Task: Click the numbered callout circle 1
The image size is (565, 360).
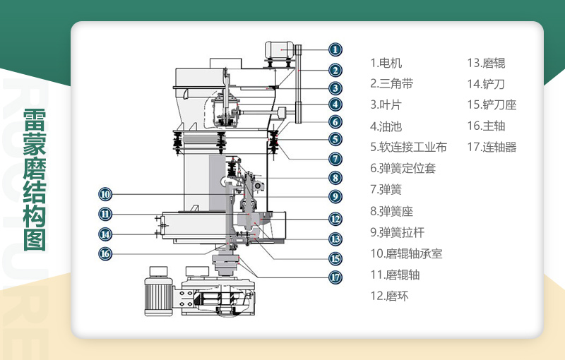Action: pyautogui.click(x=335, y=49)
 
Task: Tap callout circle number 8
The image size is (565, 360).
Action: pyautogui.click(x=335, y=178)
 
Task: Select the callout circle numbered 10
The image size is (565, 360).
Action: pyautogui.click(x=105, y=194)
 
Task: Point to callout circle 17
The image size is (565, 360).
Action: pyautogui.click(x=335, y=277)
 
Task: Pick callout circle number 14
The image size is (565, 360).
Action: pyautogui.click(x=105, y=234)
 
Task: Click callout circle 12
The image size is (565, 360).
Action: pyautogui.click(x=335, y=220)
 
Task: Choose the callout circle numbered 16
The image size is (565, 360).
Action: pyautogui.click(x=105, y=253)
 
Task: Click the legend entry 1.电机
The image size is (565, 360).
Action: pyautogui.click(x=386, y=63)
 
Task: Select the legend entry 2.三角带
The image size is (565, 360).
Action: pyautogui.click(x=391, y=84)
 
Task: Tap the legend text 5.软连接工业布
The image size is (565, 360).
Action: pyautogui.click(x=408, y=148)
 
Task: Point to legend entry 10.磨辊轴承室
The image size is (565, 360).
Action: pyautogui.click(x=406, y=253)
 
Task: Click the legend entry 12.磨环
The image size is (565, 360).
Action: pyautogui.click(x=389, y=296)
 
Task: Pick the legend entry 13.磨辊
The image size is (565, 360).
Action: pyautogui.click(x=486, y=63)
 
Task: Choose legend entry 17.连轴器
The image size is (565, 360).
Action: pyautogui.click(x=492, y=148)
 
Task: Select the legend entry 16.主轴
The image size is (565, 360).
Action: pyautogui.click(x=486, y=126)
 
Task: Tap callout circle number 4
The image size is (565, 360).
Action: pyautogui.click(x=335, y=104)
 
